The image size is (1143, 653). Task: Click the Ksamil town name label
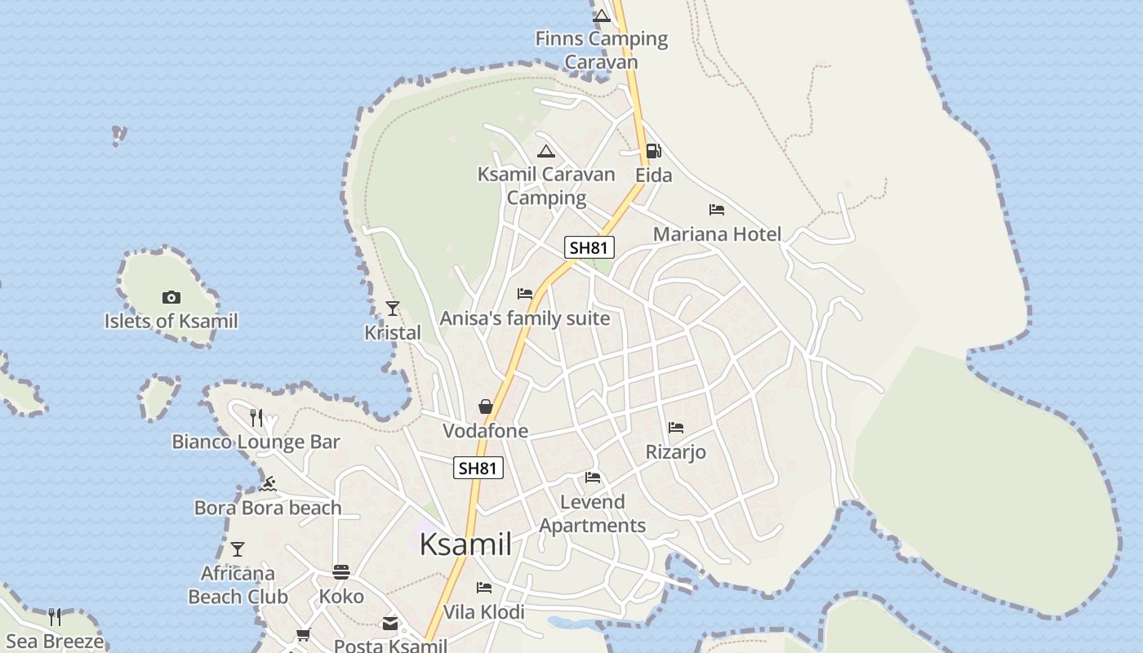point(465,544)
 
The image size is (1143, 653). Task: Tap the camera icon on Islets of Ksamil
point(171,297)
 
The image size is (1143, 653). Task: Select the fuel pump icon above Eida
point(653,151)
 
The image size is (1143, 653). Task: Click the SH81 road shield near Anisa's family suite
point(589,247)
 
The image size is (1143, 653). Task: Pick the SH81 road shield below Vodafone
point(478,468)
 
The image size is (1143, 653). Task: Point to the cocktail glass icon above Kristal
point(393,308)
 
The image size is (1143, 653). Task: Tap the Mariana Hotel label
point(717,234)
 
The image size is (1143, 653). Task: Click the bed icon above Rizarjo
point(675,427)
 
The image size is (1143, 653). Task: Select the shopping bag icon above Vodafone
point(485,406)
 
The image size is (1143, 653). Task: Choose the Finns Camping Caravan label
point(602,50)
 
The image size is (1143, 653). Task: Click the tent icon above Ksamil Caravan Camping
point(546,151)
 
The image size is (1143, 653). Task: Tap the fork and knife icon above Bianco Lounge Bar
point(256,418)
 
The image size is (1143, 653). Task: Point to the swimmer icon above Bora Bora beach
point(268,484)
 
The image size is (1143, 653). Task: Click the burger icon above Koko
point(341,572)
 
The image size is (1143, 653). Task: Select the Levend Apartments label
point(593,513)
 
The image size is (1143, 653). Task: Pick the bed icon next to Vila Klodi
point(484,588)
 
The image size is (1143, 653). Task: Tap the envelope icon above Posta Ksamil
point(390,624)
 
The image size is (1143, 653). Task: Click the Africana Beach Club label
point(238,585)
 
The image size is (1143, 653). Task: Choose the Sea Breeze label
point(55,642)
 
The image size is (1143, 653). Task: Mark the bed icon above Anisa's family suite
point(525,294)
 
